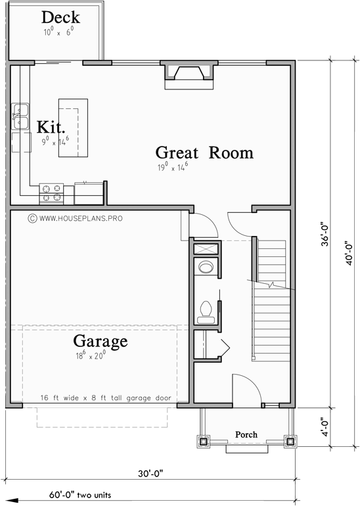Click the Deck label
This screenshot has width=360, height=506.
(60, 17)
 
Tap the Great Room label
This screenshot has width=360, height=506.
(204, 152)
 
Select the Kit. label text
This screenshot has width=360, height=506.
(50, 126)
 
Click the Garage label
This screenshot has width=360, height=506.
(99, 342)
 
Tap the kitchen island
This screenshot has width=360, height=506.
(73, 127)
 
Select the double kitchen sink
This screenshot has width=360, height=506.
(20, 116)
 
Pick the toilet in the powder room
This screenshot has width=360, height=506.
(206, 310)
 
